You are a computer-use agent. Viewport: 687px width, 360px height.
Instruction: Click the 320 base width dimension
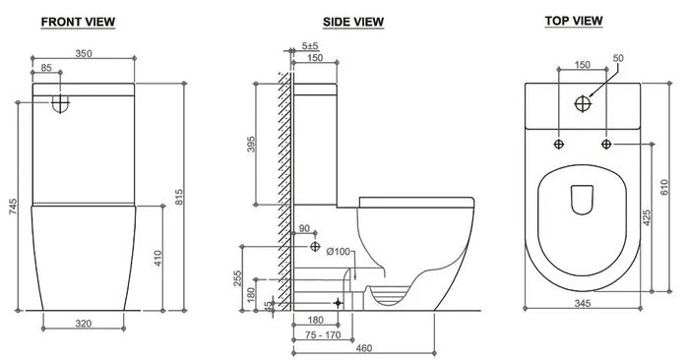(x=85, y=322)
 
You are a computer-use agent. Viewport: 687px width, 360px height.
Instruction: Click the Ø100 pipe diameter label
(x=339, y=253)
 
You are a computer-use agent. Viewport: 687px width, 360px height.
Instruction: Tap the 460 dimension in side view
(x=364, y=347)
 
